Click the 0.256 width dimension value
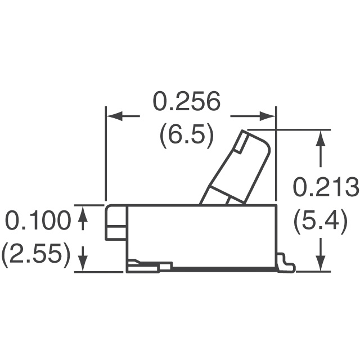point(186,102)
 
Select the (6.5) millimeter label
point(186,136)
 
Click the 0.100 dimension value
point(38,221)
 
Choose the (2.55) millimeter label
point(37,255)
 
